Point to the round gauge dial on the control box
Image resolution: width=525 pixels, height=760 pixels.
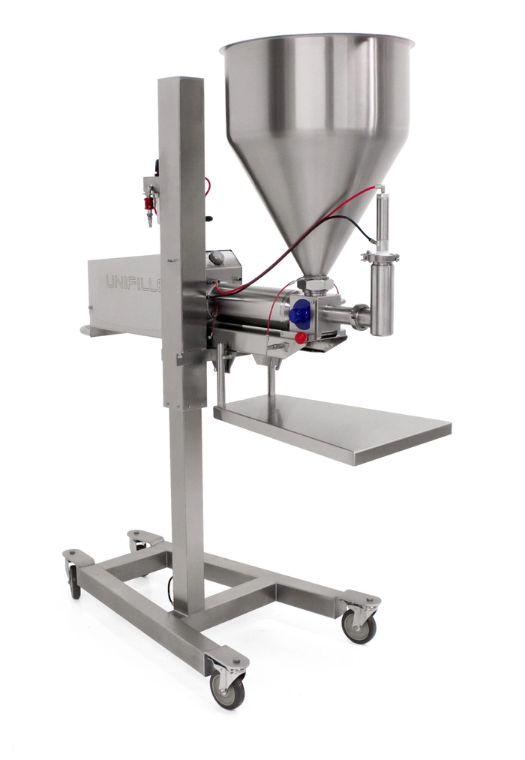pyautogui.click(x=217, y=259)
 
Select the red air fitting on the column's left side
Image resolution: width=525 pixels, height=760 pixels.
pyautogui.click(x=149, y=203)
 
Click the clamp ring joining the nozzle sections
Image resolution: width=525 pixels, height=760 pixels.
pyautogui.click(x=380, y=257)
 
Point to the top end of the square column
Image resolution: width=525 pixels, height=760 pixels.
pyautogui.click(x=181, y=80)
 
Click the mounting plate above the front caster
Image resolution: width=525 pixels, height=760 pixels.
pyautogui.click(x=227, y=659)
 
